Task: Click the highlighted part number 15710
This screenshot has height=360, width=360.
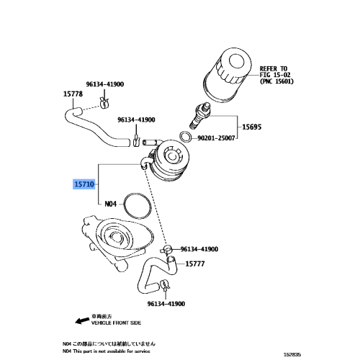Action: click(84, 184)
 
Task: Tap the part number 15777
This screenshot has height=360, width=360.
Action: click(197, 264)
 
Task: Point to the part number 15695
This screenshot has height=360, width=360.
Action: click(251, 127)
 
